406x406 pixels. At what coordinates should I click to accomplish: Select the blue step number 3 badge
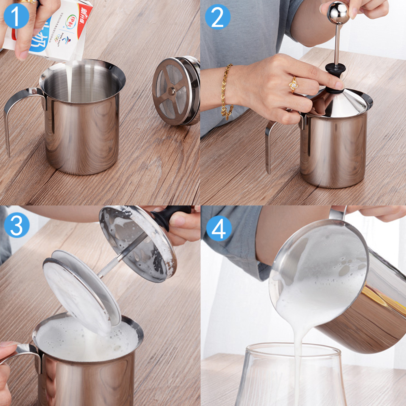click(16, 225)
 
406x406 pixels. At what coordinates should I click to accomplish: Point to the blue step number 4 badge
click(219, 229)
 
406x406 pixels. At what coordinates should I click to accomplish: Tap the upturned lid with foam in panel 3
click(138, 244)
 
